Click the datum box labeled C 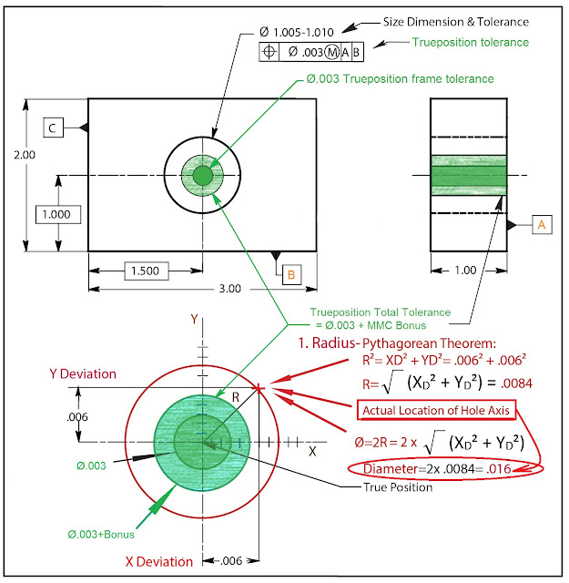tap(53, 128)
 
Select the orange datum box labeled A tap(541, 223)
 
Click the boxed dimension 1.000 tap(59, 214)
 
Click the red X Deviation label tap(152, 561)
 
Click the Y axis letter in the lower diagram tap(193, 318)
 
